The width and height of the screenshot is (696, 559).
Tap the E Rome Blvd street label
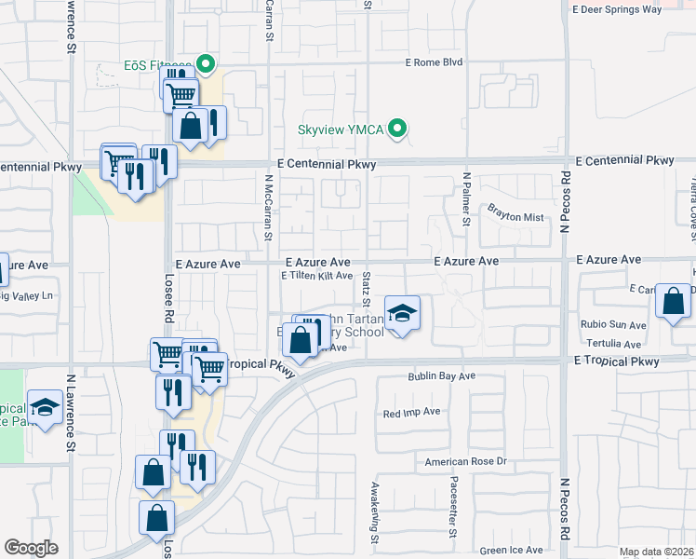[x=434, y=63]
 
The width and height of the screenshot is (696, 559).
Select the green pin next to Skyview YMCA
[x=398, y=129]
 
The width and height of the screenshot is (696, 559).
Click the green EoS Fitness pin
[x=206, y=65]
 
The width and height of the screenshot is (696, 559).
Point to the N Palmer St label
[x=467, y=199]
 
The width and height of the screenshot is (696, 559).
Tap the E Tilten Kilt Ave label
[x=316, y=276]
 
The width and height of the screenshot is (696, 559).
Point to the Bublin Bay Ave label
[x=441, y=376]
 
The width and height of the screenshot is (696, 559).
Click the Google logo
[x=31, y=548]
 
